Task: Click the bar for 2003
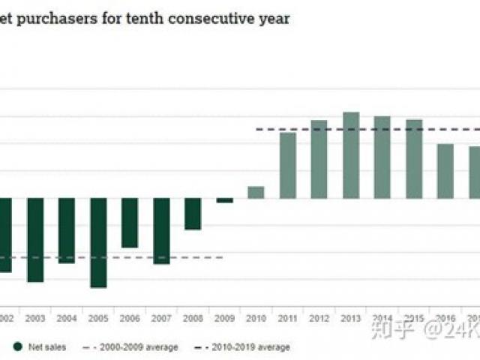pyautogui.click(x=35, y=240)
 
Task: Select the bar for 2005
pyautogui.click(x=98, y=243)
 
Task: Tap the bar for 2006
pyautogui.click(x=130, y=223)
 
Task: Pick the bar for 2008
pyautogui.click(x=193, y=214)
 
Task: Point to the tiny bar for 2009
pyautogui.click(x=224, y=200)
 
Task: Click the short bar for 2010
pyautogui.click(x=256, y=193)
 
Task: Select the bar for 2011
pyautogui.click(x=287, y=165)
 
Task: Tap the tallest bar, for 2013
pyautogui.click(x=351, y=155)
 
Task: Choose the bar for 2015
pyautogui.click(x=414, y=159)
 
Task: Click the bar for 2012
pyautogui.click(x=319, y=159)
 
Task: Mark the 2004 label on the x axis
pyautogui.click(x=67, y=318)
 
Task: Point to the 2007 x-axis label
pyautogui.click(x=161, y=318)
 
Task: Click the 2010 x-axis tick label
pyautogui.click(x=256, y=318)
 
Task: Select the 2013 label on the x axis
pyautogui.click(x=351, y=318)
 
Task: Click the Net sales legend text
pyautogui.click(x=45, y=347)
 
